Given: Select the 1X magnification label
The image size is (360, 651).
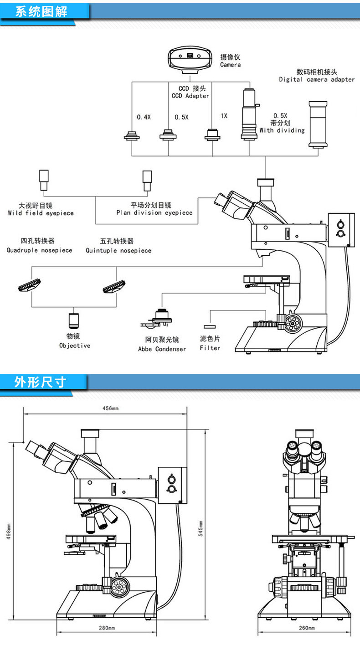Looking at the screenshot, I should (x=224, y=116).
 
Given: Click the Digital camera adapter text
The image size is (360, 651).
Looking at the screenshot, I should (x=317, y=79).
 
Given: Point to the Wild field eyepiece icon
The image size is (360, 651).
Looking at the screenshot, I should (x=44, y=181).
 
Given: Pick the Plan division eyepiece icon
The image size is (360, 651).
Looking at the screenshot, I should (x=147, y=181).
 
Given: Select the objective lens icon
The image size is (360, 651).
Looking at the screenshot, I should (x=74, y=321).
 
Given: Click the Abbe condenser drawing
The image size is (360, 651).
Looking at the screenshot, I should (x=157, y=318).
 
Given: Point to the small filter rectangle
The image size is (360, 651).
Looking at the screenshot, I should (x=210, y=326).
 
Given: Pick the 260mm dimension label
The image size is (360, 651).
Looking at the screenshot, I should (x=307, y=628).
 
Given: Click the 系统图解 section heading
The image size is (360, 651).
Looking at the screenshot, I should (x=41, y=11).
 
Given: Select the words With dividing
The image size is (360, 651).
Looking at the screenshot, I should (x=282, y=130).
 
